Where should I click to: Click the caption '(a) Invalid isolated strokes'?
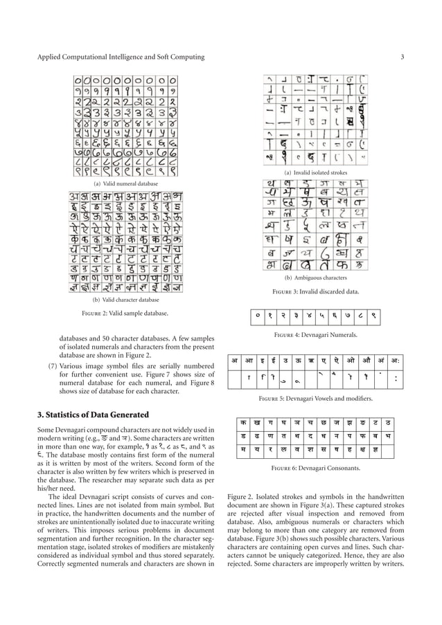tap(315, 172)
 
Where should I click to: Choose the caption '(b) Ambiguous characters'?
tap(315, 277)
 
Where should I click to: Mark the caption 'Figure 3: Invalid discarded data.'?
tap(315, 291)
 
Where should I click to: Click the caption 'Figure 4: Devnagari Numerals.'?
tap(315, 335)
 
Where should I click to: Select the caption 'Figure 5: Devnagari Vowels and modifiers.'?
tap(315, 400)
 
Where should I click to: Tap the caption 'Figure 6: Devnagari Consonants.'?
tap(315, 469)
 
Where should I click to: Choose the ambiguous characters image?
tap(315, 224)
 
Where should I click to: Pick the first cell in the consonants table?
tap(243, 422)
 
